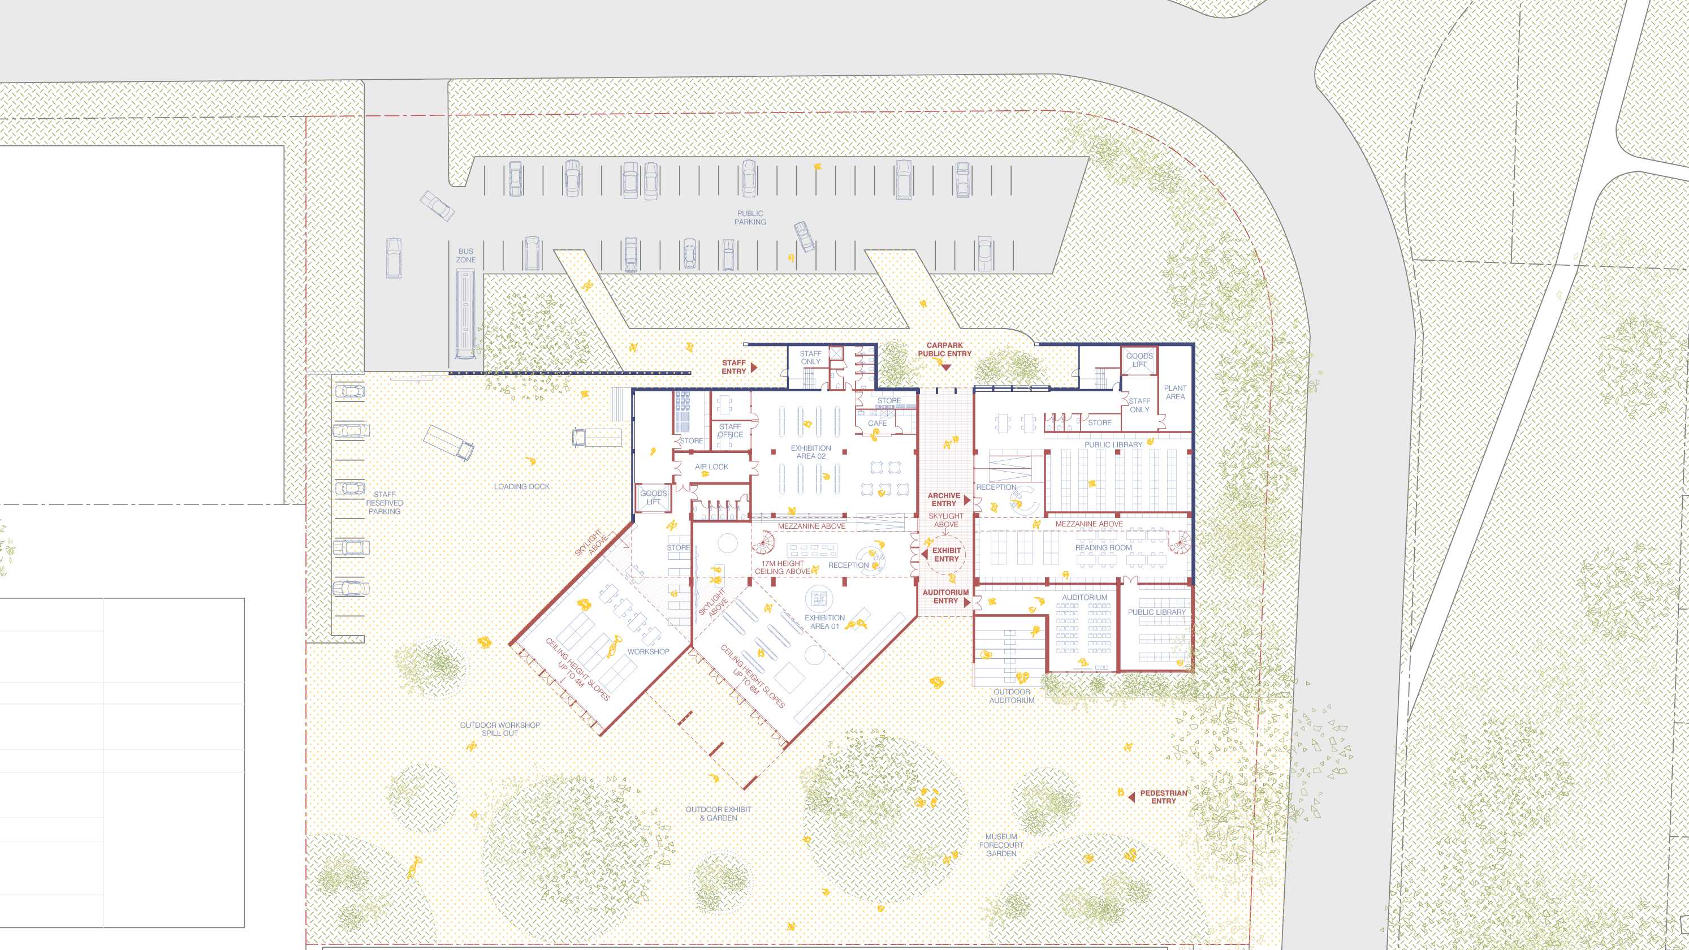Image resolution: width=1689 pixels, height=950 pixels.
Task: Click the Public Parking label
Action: pyautogui.click(x=750, y=218)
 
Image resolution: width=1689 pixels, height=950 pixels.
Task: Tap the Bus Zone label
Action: pyautogui.click(x=466, y=256)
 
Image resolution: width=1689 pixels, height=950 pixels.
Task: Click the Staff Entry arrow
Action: pyautogui.click(x=755, y=367)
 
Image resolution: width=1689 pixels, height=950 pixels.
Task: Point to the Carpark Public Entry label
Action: pyautogui.click(x=945, y=349)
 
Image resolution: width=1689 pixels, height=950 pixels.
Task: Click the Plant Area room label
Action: pyautogui.click(x=1175, y=392)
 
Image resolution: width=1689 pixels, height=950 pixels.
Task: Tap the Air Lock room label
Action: pyautogui.click(x=711, y=467)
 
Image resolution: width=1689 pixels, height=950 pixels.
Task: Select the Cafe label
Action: pyautogui.click(x=877, y=424)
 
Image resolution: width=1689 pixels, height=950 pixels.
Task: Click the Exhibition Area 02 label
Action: pyautogui.click(x=811, y=452)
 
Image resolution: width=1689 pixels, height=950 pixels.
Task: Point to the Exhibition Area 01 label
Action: pyautogui.click(x=825, y=621)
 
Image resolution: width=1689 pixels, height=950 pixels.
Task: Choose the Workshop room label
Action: pyautogui.click(x=648, y=651)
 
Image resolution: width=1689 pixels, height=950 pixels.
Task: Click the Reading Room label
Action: pyautogui.click(x=1104, y=547)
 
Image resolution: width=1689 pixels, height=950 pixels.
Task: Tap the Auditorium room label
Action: pyautogui.click(x=1085, y=597)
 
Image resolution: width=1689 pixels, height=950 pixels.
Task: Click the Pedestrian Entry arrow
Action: pyautogui.click(x=1131, y=797)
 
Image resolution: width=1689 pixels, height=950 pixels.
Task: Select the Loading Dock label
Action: pyautogui.click(x=522, y=486)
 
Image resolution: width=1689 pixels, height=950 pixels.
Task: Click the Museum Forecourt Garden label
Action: pyautogui.click(x=1001, y=845)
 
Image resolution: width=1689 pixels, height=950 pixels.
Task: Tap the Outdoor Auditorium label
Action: pyautogui.click(x=1012, y=696)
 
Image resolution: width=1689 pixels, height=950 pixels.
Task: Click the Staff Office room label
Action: pyautogui.click(x=730, y=430)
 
